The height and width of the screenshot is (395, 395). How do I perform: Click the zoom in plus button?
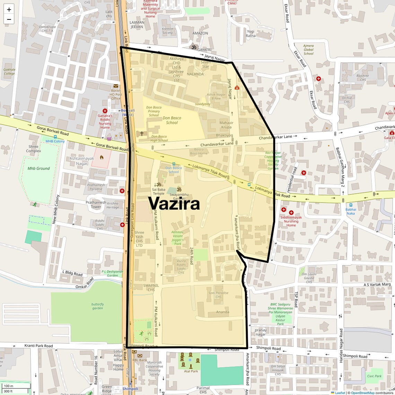[x=9, y=10]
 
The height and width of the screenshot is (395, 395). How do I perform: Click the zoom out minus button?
[x=9, y=19]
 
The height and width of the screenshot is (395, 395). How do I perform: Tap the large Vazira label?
[x=174, y=203]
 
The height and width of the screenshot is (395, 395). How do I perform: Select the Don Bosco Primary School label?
[x=154, y=111]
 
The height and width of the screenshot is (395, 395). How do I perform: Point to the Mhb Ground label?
[x=38, y=168]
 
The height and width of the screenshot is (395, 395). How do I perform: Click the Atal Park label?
[x=191, y=371]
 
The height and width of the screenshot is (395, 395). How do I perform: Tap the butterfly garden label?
[x=98, y=306]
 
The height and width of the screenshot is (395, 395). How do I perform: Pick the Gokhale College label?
[x=9, y=71]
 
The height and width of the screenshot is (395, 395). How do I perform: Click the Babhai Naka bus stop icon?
[x=351, y=205]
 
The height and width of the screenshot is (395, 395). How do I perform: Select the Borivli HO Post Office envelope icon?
[x=116, y=86]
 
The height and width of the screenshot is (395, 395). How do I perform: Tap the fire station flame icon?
[x=102, y=157]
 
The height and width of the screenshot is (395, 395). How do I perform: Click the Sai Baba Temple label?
[x=159, y=191]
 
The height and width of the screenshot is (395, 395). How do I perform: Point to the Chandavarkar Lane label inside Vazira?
[x=217, y=144]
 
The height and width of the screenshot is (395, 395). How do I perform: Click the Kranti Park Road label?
[x=38, y=345]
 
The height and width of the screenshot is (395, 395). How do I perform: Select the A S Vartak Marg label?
[x=377, y=284]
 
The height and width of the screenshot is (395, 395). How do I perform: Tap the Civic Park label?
[x=374, y=376]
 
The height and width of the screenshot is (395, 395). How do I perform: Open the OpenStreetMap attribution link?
[x=362, y=393]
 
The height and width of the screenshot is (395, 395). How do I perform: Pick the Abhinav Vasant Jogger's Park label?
[x=177, y=238]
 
